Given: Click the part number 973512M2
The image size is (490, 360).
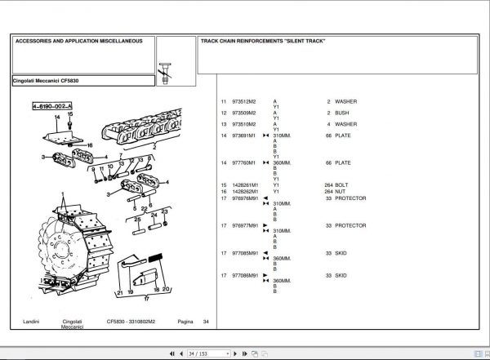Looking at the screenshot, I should click(x=244, y=100).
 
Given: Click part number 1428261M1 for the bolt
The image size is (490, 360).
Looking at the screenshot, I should click(x=246, y=185).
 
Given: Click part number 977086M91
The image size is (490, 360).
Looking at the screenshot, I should click(x=247, y=276).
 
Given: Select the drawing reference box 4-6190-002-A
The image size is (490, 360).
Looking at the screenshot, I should click(x=51, y=107).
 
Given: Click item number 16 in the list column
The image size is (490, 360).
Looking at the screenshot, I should click(x=224, y=191).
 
